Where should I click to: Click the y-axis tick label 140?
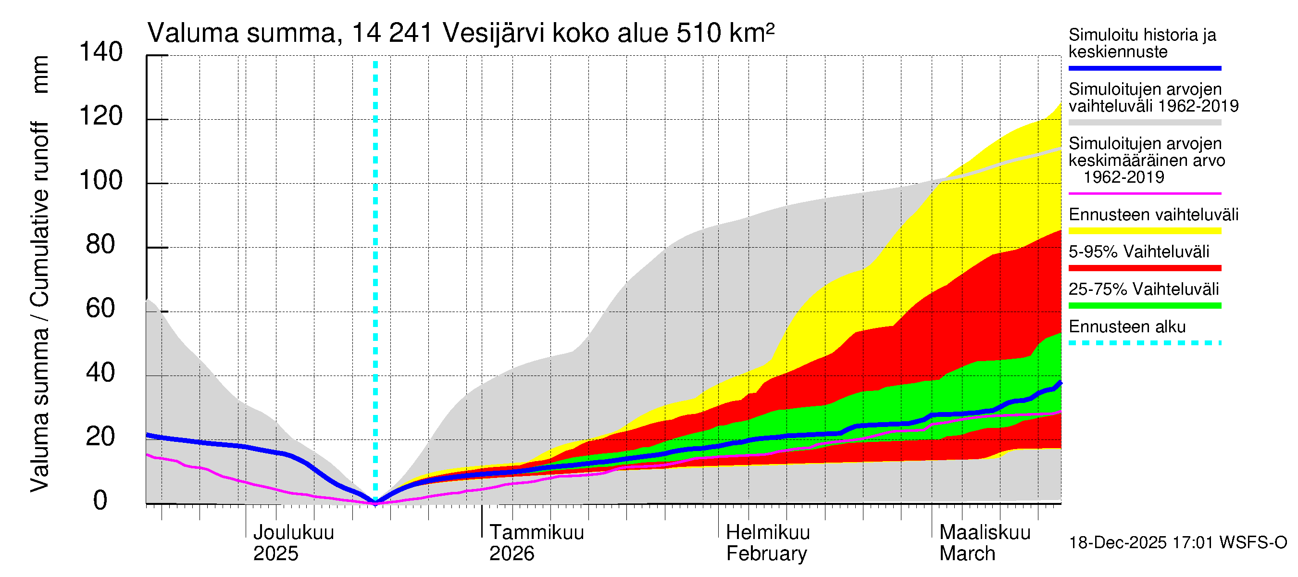(x=101, y=52)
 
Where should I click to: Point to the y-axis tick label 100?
(x=101, y=180)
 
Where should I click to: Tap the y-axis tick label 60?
(x=100, y=308)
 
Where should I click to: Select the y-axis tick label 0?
(x=100, y=501)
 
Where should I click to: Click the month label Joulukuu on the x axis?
(x=293, y=532)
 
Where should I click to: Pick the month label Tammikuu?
(x=537, y=532)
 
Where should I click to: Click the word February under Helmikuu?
(x=766, y=553)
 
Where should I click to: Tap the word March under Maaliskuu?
(x=967, y=553)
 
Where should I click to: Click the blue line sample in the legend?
(x=1144, y=68)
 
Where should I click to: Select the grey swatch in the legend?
(x=1144, y=123)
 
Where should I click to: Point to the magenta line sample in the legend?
(x=1144, y=193)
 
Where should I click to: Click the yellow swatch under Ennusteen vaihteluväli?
(x=1144, y=231)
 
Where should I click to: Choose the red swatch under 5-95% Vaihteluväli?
(x=1144, y=268)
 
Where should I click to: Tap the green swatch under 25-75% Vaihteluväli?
(x=1144, y=305)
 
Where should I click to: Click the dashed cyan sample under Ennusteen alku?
(x=1144, y=343)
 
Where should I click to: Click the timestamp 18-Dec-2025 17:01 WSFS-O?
(x=1177, y=543)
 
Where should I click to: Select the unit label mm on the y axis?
(x=40, y=75)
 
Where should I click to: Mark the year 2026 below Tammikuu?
(x=512, y=553)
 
